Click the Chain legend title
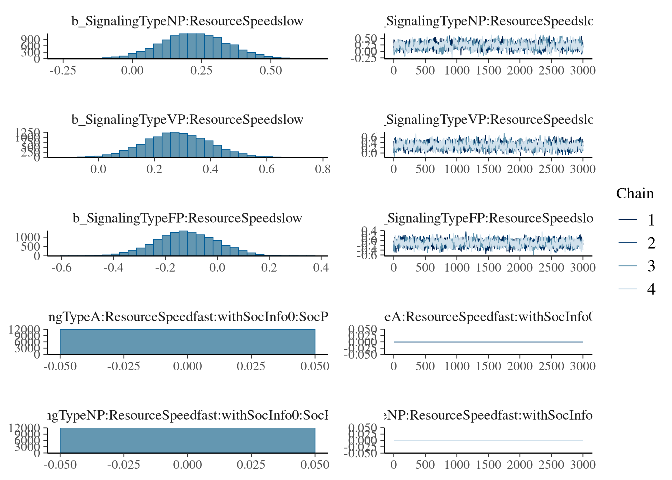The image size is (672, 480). click(x=635, y=194)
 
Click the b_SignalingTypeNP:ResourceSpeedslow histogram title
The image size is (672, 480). click(x=187, y=21)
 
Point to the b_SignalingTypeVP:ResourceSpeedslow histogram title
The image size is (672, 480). click(x=187, y=119)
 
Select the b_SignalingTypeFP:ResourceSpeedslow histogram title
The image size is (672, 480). click(x=187, y=218)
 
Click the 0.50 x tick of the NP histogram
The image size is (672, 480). click(x=271, y=71)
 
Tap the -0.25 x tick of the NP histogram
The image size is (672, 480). click(x=63, y=71)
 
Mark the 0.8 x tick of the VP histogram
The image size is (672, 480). click(x=323, y=169)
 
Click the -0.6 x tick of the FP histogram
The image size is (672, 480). click(x=61, y=268)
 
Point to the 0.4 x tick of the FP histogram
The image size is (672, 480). click(x=321, y=268)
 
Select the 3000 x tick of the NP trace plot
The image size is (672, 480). click(x=583, y=71)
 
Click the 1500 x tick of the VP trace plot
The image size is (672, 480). click(x=488, y=169)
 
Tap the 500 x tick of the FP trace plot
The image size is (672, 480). click(x=425, y=268)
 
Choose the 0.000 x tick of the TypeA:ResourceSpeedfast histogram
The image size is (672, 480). click(x=188, y=366)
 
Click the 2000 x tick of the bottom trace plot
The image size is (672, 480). click(x=520, y=465)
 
